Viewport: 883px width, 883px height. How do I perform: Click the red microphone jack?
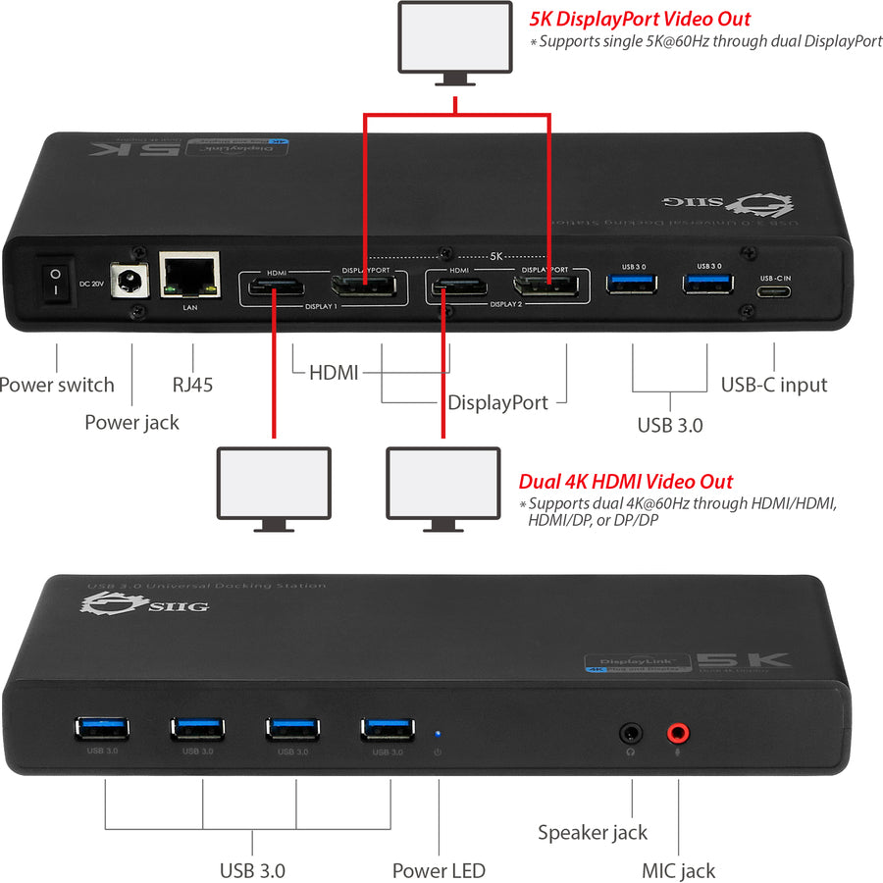[678, 732]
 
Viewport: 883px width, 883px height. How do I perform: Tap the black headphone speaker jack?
[631, 732]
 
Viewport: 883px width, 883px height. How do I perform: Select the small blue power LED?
[438, 732]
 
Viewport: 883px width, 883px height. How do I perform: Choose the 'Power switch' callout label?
[57, 385]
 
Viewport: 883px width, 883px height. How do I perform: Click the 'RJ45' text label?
[193, 385]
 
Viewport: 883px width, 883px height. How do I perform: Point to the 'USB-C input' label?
[774, 385]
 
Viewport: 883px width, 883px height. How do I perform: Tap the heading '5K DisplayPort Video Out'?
[641, 18]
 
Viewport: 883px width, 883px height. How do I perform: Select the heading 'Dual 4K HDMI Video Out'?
[625, 482]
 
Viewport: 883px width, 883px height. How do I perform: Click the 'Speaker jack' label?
[593, 832]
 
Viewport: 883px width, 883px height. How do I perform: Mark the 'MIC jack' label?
[678, 870]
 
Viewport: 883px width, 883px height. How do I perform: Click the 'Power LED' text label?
[439, 870]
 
